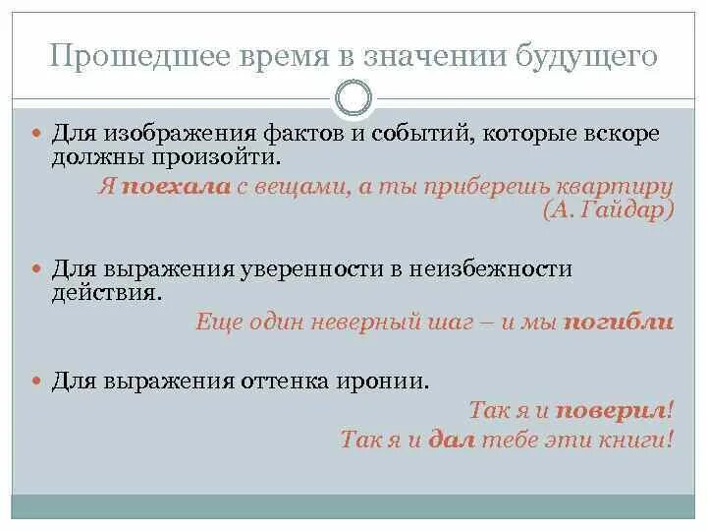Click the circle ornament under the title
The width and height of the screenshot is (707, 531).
pos(353,98)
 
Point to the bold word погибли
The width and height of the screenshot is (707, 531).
pos(618,321)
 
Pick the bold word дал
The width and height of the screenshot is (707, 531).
pos(452,440)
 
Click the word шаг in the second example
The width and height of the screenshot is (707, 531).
pos(466,321)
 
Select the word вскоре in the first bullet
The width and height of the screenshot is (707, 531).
pos(625,133)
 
